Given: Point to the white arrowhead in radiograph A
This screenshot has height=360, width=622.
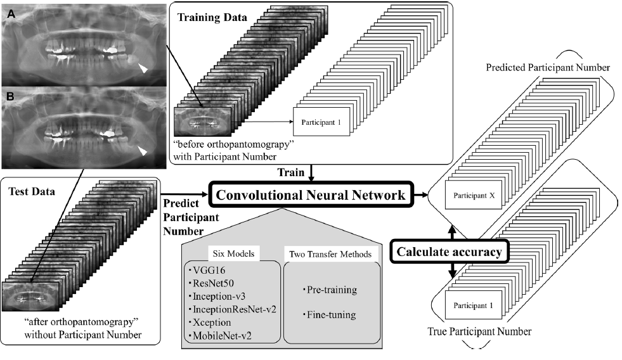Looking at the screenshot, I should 145,70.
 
